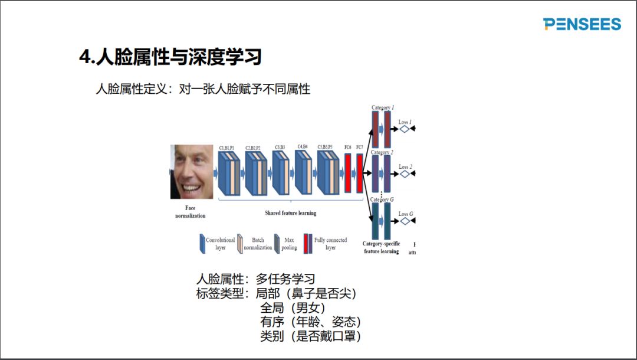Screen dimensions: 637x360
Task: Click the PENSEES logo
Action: tap(582, 24)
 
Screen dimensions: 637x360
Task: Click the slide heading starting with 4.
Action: tap(170, 57)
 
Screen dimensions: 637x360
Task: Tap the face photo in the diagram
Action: tap(191, 172)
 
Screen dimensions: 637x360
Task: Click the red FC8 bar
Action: tap(347, 173)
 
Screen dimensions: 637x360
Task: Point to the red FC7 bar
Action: tap(359, 173)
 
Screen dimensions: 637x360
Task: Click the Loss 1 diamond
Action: tap(404, 128)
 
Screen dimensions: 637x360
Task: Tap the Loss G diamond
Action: tap(404, 221)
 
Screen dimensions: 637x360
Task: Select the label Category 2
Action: tap(382, 152)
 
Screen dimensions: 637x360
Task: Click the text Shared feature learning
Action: tap(290, 213)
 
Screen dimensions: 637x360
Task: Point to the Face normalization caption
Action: tap(190, 212)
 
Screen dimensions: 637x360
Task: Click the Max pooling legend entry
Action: tap(284, 244)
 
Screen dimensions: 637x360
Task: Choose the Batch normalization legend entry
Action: tap(254, 244)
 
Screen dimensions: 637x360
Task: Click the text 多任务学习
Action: tap(285, 279)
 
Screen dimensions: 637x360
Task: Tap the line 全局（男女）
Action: tap(293, 307)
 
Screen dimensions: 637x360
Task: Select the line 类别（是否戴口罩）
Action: tap(310, 336)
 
